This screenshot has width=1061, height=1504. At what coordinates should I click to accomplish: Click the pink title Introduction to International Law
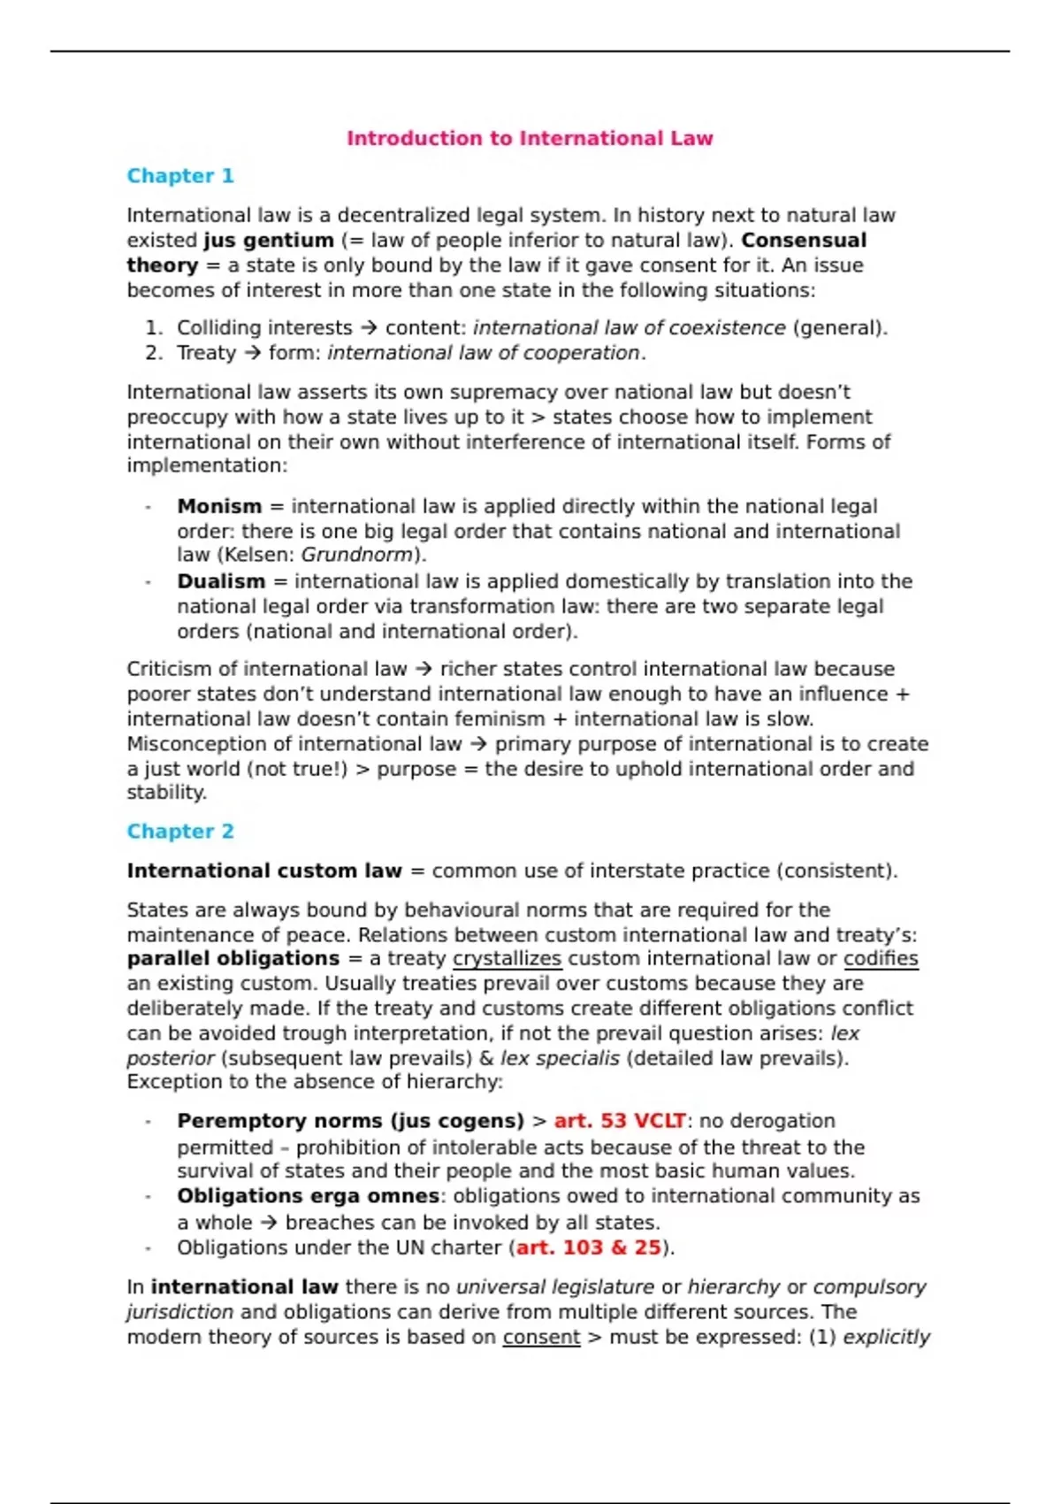pos(529,138)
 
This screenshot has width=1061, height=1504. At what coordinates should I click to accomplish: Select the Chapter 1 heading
pos(180,176)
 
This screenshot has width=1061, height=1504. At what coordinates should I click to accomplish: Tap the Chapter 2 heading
pos(180,832)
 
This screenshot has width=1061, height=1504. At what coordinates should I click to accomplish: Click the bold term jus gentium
pos(269,241)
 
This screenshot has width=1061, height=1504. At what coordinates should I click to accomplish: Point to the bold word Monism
pos(219,506)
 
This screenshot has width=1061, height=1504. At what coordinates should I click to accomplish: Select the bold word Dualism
pos(221,581)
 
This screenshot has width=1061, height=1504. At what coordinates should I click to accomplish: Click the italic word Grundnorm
pos(357,556)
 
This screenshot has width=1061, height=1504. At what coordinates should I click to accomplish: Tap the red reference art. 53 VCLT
pos(619,1121)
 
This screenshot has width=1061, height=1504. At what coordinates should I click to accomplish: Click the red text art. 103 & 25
pos(588,1247)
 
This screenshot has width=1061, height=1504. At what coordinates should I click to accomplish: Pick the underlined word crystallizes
pos(507,959)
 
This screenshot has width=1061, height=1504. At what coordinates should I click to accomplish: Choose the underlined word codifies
pos(881,959)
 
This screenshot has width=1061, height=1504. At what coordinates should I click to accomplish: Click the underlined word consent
pos(541,1337)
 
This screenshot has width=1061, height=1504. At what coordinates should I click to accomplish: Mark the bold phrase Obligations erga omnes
pos(308,1196)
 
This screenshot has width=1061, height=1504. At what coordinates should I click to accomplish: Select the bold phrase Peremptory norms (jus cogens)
pos(350,1121)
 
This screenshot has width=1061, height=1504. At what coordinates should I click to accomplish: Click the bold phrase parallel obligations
pos(233,959)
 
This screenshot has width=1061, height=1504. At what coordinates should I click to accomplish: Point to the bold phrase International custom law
pos(263,871)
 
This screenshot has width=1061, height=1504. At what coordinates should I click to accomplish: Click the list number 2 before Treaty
pos(154,353)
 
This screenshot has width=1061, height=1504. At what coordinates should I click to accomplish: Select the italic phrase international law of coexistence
pos(629,328)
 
